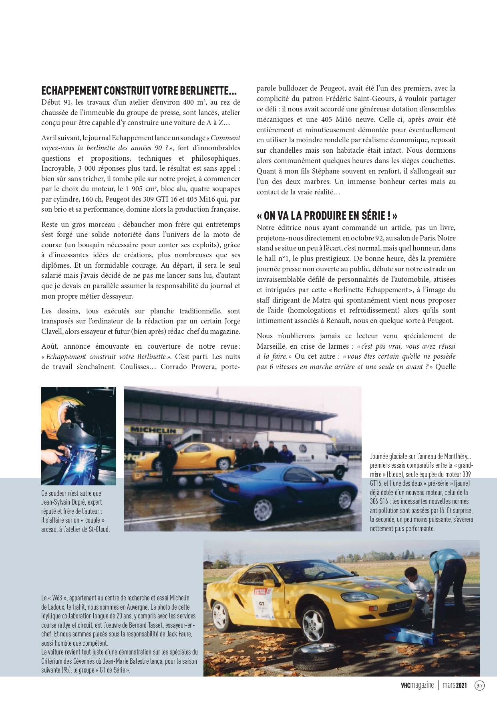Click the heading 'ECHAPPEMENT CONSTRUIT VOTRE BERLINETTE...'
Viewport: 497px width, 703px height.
click(139, 91)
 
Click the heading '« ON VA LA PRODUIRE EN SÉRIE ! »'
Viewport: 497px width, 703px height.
click(327, 216)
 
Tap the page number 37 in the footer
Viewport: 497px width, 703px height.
click(479, 685)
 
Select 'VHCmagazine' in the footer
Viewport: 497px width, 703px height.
click(417, 685)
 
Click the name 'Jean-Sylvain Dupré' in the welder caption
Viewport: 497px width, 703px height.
click(72, 502)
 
